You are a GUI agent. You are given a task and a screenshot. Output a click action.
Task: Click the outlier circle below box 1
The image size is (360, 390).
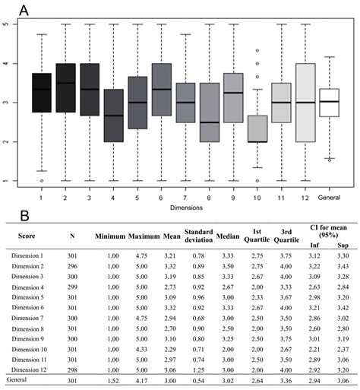[x=42, y=181]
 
